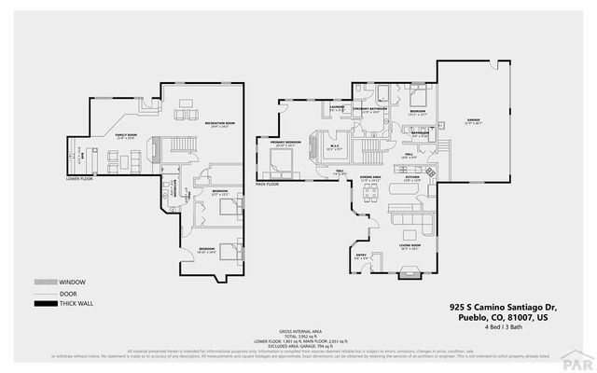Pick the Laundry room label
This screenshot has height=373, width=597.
tap(338, 108)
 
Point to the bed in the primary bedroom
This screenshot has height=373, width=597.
tap(280, 169)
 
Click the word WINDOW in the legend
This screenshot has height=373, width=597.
tap(71, 282)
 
